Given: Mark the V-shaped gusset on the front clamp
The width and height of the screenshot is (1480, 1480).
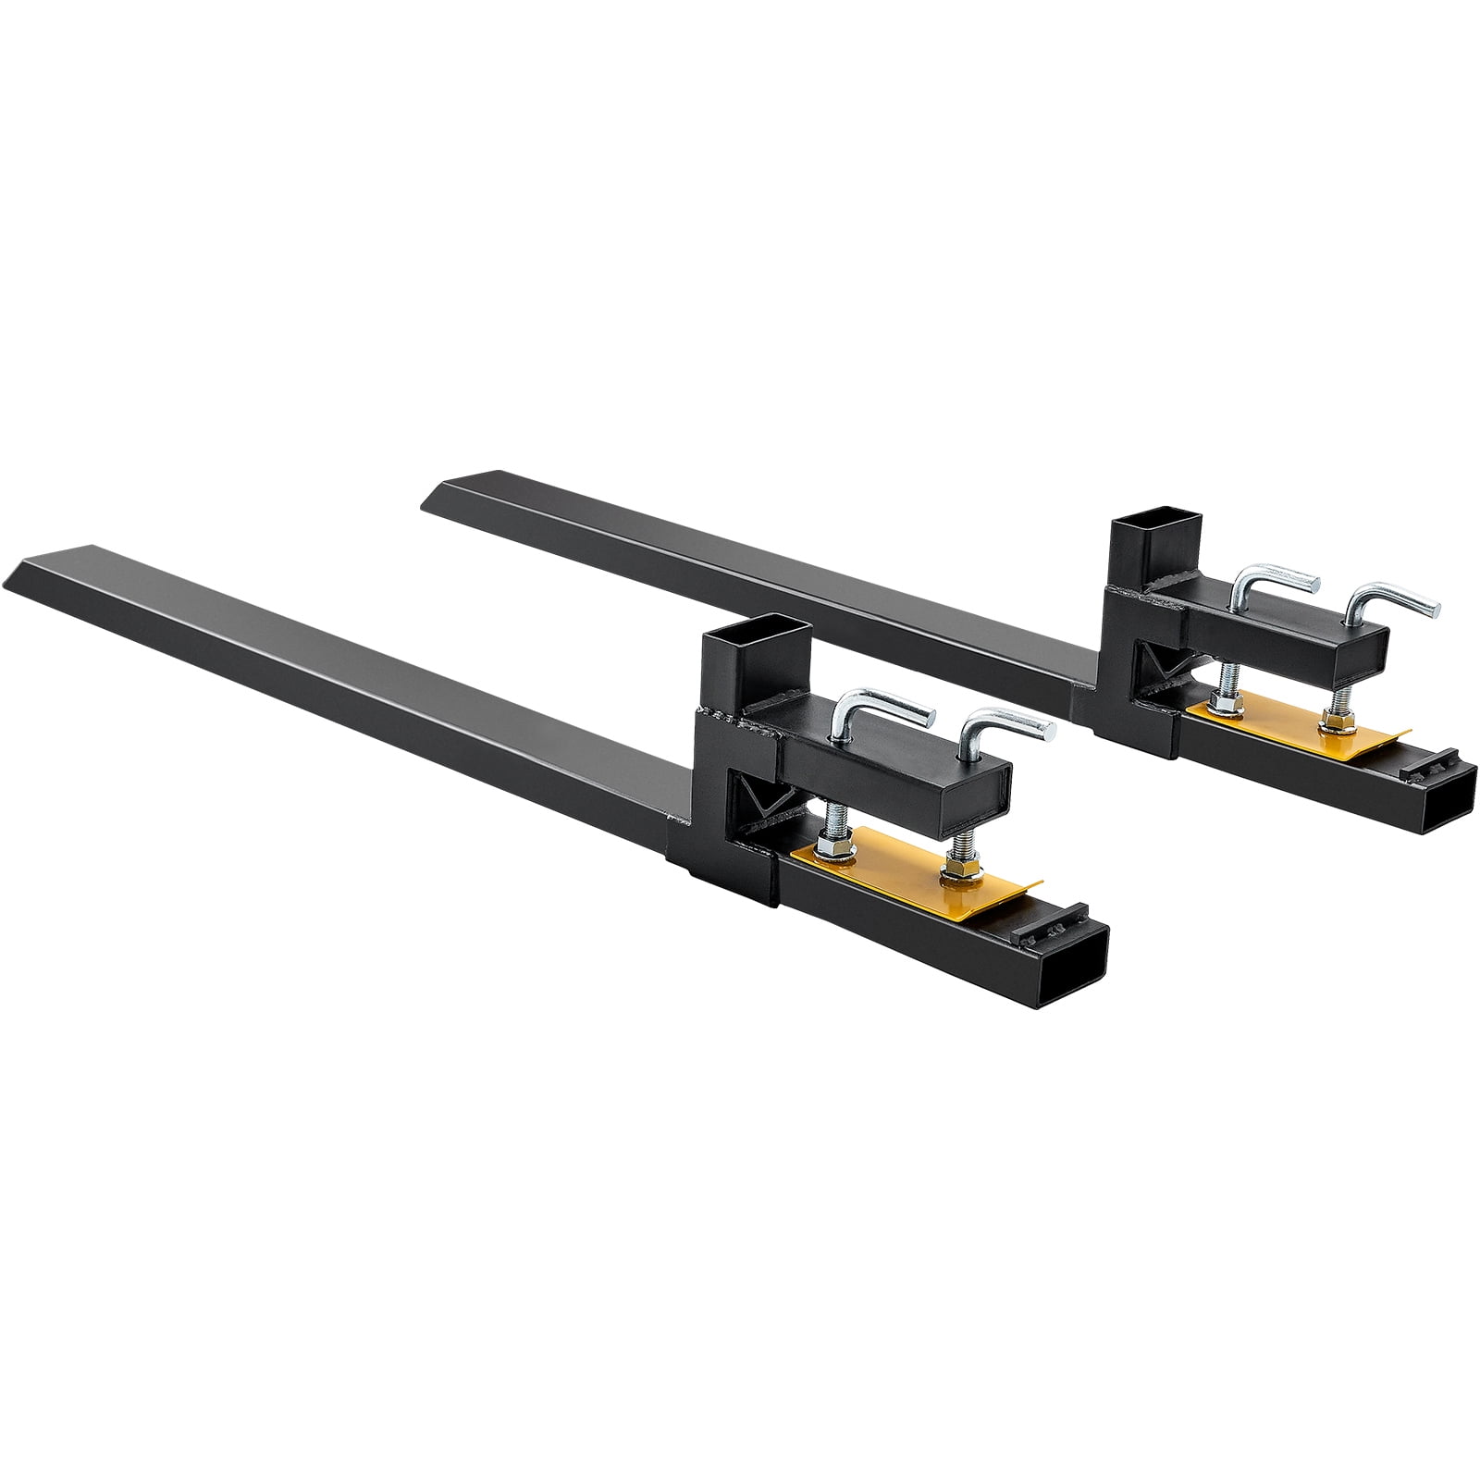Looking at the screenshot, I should (755, 795).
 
